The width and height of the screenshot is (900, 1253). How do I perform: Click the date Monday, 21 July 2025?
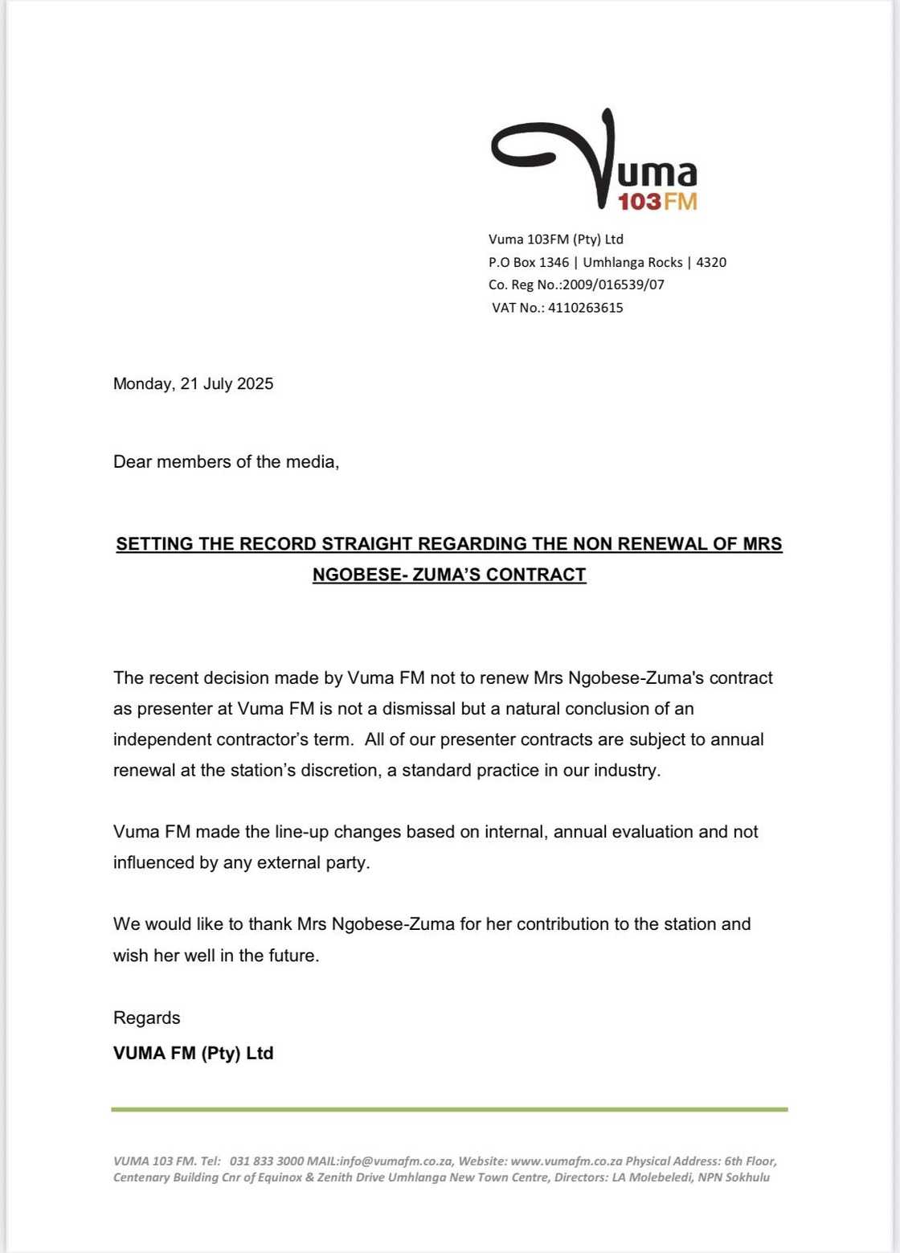click(x=193, y=383)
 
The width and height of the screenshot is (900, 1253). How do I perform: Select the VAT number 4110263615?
click(x=585, y=308)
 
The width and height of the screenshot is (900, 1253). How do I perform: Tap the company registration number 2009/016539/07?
click(x=613, y=285)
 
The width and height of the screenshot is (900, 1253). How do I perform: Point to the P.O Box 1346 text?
click(x=528, y=262)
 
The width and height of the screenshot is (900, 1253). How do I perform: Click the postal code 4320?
click(x=711, y=262)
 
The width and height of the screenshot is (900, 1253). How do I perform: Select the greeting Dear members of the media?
click(x=226, y=461)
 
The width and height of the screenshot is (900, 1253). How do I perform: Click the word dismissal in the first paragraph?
click(x=412, y=709)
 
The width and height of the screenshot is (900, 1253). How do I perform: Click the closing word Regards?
click(x=146, y=1018)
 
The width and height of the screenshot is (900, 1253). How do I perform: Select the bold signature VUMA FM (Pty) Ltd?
click(x=193, y=1053)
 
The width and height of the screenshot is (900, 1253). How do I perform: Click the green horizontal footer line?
click(x=449, y=1110)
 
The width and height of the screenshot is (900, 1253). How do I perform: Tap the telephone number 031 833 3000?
click(x=267, y=1161)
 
